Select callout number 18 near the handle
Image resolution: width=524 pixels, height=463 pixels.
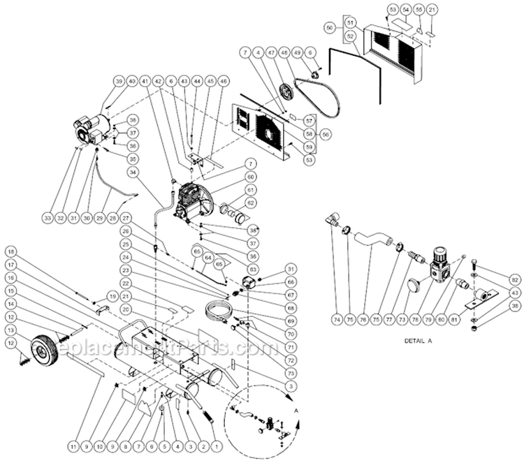11,251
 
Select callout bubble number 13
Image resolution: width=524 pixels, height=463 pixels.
11,329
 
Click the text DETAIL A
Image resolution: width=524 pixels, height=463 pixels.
419,342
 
